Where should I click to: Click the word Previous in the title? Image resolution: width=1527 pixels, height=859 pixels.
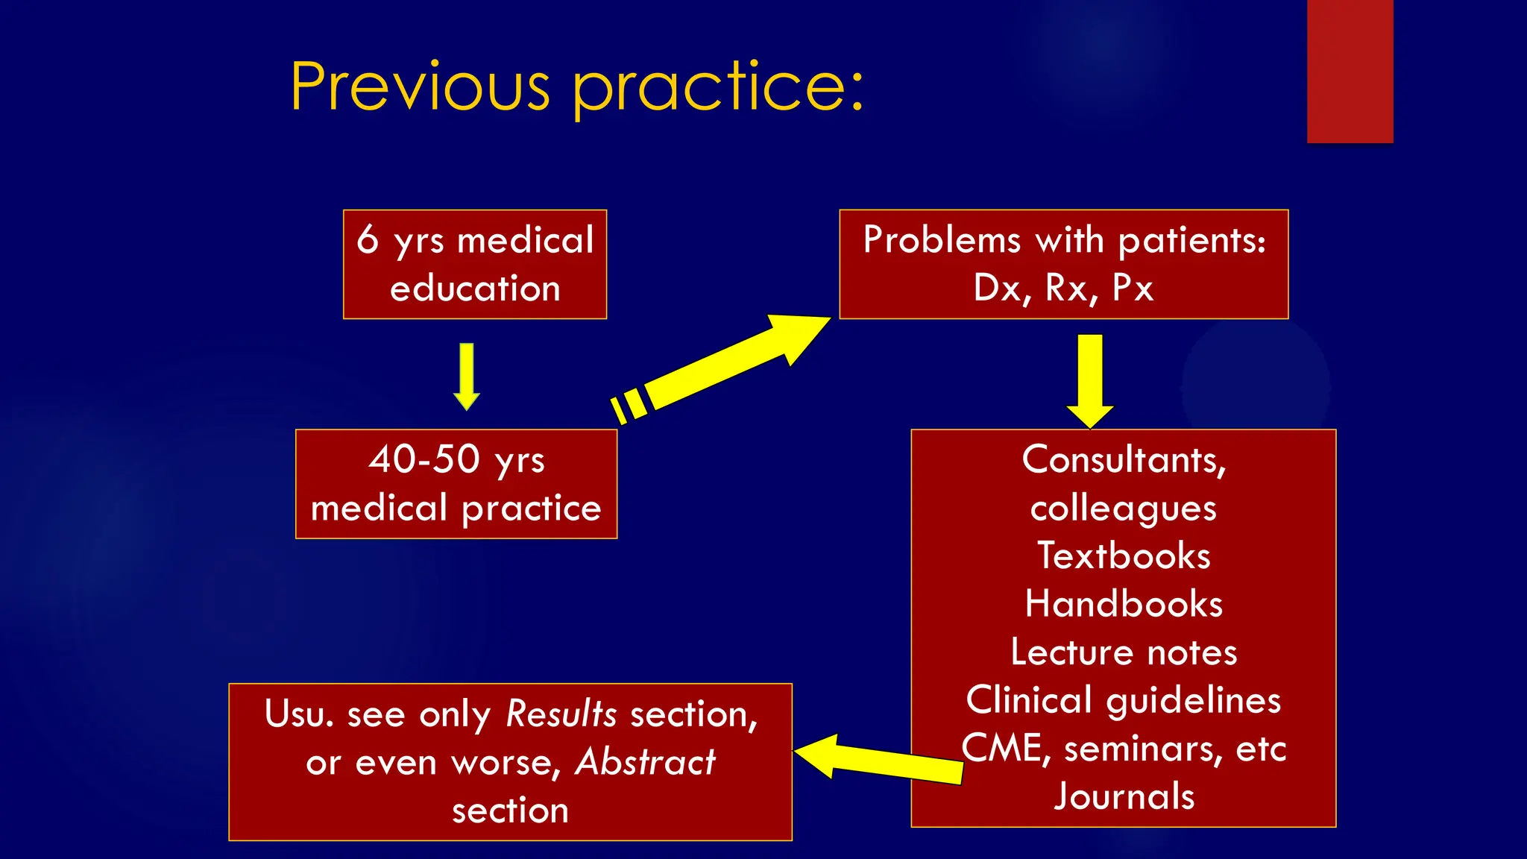point(420,87)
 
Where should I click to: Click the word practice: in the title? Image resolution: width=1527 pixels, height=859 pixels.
point(718,89)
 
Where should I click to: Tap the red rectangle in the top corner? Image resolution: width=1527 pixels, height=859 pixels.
point(1350,71)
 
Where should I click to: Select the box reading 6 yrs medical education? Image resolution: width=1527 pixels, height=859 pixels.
point(475,264)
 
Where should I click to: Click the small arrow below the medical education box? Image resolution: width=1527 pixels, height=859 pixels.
point(467,377)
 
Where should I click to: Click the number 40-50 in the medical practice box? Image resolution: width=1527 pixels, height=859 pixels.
point(424,459)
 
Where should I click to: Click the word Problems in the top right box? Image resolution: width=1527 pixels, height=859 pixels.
point(942,240)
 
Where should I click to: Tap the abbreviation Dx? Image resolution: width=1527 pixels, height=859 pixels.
point(997,288)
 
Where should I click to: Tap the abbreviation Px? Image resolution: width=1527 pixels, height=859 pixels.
point(1133,288)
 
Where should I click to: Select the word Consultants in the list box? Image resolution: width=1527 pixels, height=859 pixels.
point(1123,459)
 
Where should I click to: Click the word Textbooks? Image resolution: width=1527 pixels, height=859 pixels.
point(1124,556)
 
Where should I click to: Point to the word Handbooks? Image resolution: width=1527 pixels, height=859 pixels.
point(1124,604)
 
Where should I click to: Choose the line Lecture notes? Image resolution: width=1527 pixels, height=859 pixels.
point(1124,652)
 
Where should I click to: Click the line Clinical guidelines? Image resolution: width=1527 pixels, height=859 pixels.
point(1124,700)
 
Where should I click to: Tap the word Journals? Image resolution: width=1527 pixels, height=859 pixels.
point(1124,796)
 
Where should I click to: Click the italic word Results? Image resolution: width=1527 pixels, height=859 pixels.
point(561,714)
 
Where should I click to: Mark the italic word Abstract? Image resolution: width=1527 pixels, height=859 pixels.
point(645,762)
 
